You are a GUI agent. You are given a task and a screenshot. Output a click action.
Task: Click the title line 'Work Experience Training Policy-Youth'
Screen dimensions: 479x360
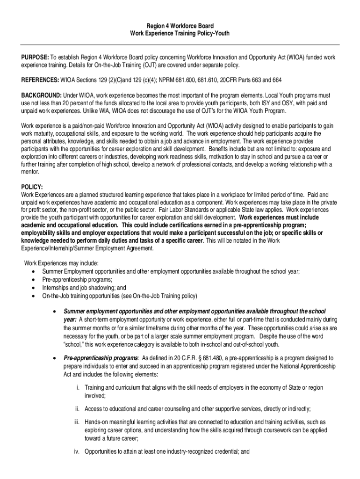pos(180,34)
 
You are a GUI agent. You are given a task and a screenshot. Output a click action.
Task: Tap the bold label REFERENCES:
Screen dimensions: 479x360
pos(40,80)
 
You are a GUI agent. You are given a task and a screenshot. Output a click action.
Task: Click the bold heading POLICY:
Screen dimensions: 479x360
pos(32,187)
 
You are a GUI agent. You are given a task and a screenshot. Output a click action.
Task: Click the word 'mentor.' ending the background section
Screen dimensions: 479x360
pos(30,171)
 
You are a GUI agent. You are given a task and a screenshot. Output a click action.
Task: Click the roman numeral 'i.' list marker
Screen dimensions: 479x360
pos(78,388)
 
